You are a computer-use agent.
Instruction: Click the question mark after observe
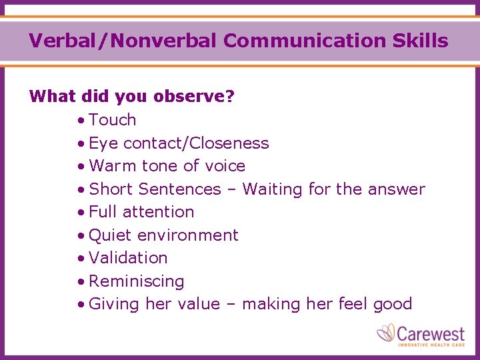click(x=231, y=97)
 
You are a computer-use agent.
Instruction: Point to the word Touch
click(x=112, y=120)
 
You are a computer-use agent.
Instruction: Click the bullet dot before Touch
click(x=81, y=121)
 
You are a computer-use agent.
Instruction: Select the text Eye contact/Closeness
click(x=179, y=143)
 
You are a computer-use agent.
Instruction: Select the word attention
click(x=161, y=212)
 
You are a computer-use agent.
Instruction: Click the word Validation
click(x=128, y=258)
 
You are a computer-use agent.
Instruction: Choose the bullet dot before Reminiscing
click(x=81, y=282)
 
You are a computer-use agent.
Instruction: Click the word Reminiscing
click(x=136, y=281)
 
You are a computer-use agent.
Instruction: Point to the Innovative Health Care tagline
click(x=431, y=344)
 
